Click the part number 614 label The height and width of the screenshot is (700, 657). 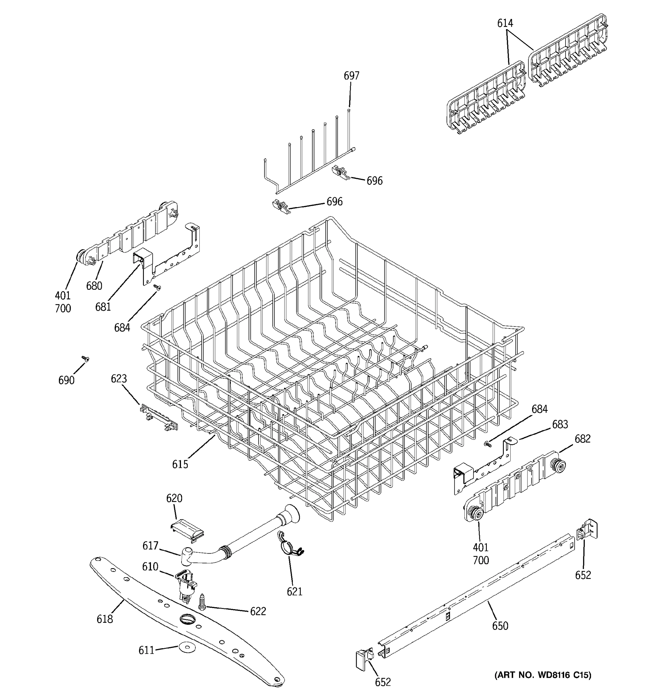pos(505,24)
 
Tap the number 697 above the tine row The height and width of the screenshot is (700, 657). pos(351,76)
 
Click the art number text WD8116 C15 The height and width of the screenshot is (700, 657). pos(543,675)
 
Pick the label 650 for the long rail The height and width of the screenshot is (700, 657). pos(500,626)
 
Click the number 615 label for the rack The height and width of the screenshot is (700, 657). pos(180,464)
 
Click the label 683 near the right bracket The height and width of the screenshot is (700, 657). pos(560,424)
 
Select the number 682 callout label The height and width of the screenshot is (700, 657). pos(582,439)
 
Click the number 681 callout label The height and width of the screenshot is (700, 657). pos(103,307)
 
